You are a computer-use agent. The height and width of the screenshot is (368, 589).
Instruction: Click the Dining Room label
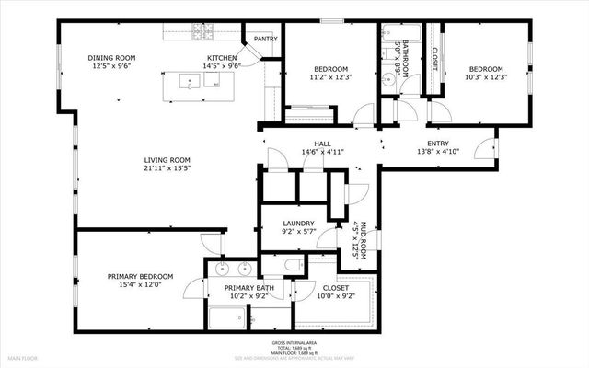111,56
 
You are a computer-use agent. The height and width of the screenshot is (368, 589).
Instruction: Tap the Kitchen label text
222,56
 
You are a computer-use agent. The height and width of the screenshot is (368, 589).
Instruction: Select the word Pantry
266,39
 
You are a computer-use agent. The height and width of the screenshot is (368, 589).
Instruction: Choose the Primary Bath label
250,289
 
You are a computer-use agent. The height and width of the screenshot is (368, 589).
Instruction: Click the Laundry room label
299,224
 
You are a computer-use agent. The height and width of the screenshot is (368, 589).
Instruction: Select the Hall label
322,144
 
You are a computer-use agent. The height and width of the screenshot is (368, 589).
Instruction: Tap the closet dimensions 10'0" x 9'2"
336,296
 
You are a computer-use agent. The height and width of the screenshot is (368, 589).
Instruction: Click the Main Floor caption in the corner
21,357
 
